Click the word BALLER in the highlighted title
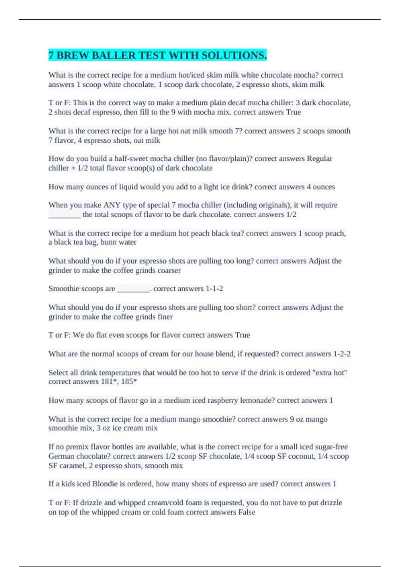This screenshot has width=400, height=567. coord(113,55)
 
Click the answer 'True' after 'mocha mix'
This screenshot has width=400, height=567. coord(293,112)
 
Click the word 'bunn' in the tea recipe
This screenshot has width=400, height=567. coord(109,242)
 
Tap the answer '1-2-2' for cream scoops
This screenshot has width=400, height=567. coord(342,354)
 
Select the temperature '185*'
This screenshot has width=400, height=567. coord(129,382)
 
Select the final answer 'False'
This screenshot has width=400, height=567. coord(246,512)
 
